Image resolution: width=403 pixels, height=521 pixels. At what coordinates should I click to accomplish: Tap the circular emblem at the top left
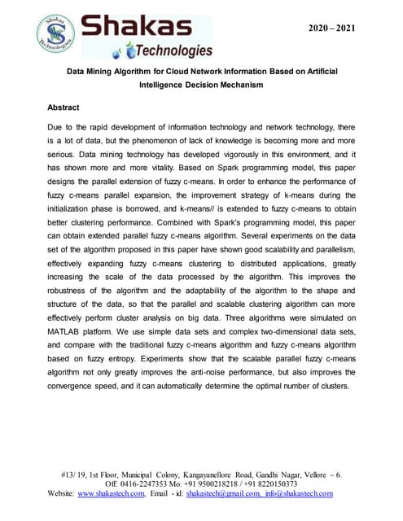click(x=57, y=34)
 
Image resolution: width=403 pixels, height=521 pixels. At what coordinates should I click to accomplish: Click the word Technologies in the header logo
click(x=169, y=52)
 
